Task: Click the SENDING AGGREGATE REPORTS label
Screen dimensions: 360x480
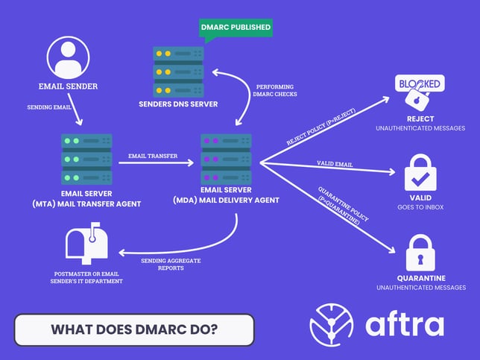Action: coord(172,265)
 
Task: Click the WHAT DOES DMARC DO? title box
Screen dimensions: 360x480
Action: coord(134,329)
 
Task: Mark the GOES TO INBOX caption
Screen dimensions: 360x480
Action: coord(421,207)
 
